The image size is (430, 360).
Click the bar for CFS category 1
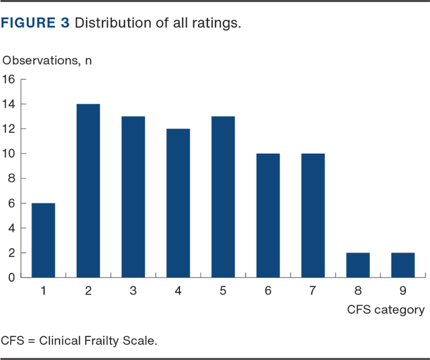click(x=43, y=240)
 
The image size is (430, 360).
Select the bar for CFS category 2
click(x=88, y=190)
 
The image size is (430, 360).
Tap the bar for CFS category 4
click(x=178, y=202)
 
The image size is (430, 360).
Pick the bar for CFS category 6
click(x=268, y=215)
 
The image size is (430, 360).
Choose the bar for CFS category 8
click(x=358, y=264)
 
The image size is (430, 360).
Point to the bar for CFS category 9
click(x=402, y=264)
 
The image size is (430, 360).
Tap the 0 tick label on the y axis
click(x=11, y=277)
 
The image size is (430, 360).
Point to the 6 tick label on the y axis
click(x=11, y=203)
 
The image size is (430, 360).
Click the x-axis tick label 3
click(x=133, y=291)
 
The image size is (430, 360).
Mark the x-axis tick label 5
click(x=223, y=291)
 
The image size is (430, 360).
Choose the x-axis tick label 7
click(x=312, y=291)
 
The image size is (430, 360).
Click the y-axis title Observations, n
click(x=47, y=60)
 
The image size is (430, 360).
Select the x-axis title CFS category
click(x=386, y=310)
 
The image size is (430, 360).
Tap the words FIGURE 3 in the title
click(x=36, y=24)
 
